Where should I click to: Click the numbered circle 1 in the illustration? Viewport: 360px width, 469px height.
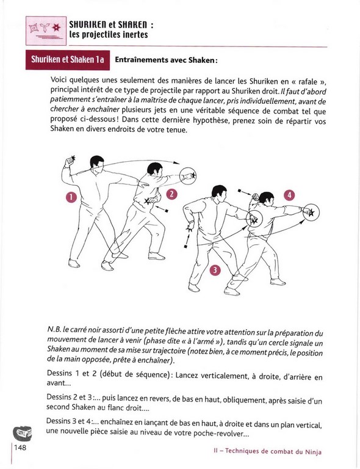[71, 197]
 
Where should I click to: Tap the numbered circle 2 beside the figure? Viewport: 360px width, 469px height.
[171, 194]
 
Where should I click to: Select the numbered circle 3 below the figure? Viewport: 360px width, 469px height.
[215, 270]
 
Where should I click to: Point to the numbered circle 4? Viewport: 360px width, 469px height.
[289, 195]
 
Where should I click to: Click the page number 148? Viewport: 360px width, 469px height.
[20, 448]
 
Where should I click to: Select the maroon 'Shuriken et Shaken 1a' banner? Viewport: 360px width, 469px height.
[68, 60]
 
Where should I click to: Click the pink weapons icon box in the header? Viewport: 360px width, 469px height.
[46, 31]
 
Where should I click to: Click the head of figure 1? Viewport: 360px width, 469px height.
[96, 162]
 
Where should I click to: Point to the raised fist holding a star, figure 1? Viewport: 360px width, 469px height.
[70, 161]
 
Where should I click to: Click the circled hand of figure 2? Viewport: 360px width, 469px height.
[188, 176]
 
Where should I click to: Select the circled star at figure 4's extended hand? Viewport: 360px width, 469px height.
[311, 213]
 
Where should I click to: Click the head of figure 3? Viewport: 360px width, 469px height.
[220, 193]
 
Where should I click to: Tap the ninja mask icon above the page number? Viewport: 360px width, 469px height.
[23, 433]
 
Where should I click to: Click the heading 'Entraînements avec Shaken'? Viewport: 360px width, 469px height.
[165, 60]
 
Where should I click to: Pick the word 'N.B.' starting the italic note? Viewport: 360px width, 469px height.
[54, 330]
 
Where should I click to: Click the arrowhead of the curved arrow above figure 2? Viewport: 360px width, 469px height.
[176, 162]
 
